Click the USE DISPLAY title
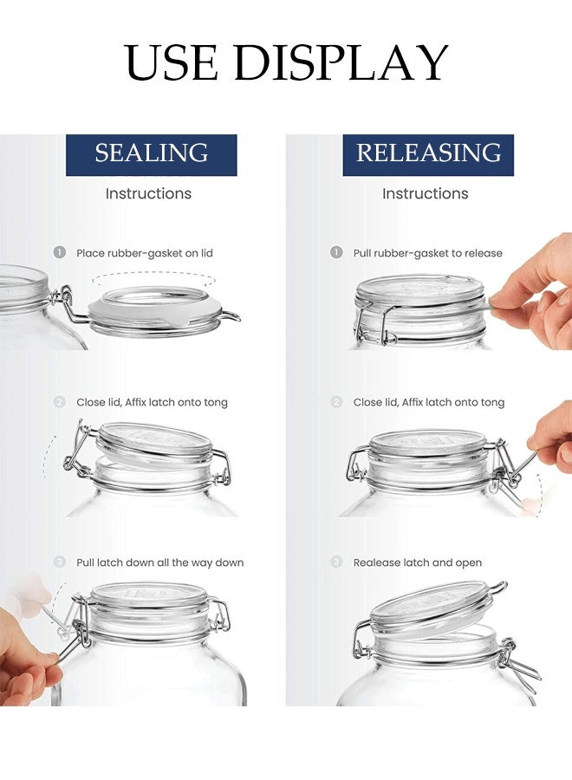tap(286, 62)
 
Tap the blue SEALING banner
tap(152, 154)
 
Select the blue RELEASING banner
tap(428, 154)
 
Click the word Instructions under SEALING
tap(148, 193)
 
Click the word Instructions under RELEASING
tap(425, 193)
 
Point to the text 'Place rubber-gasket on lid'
tap(144, 253)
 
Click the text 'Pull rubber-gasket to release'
tap(427, 253)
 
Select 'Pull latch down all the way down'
tap(159, 562)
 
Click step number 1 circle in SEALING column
tap(59, 252)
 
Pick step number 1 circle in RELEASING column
tap(336, 252)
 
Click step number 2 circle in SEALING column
tap(59, 402)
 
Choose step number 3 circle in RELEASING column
tap(336, 562)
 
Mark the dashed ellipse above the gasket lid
tap(154, 279)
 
